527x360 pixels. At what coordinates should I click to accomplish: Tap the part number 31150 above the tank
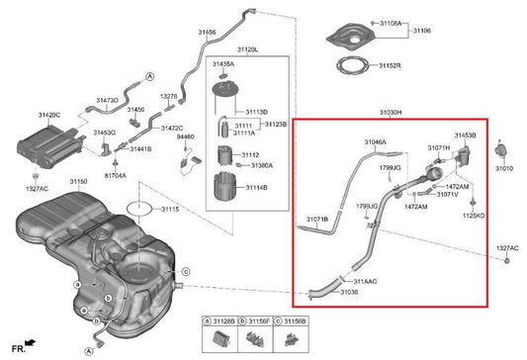(79, 182)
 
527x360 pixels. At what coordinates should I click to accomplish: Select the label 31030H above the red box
(391, 113)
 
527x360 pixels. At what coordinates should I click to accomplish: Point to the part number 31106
(420, 31)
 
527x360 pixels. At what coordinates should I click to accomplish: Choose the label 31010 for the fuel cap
(505, 169)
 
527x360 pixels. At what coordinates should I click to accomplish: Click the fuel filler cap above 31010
(500, 150)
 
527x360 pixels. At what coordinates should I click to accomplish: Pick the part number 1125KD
(475, 215)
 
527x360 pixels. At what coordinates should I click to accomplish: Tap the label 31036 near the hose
(348, 292)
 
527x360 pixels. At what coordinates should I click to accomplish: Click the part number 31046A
(375, 142)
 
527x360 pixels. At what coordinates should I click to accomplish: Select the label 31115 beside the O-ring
(171, 210)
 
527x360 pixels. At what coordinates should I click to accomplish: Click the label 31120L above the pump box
(247, 47)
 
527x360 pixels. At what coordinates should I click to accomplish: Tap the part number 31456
(207, 32)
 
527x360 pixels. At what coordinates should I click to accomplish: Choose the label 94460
(186, 136)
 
